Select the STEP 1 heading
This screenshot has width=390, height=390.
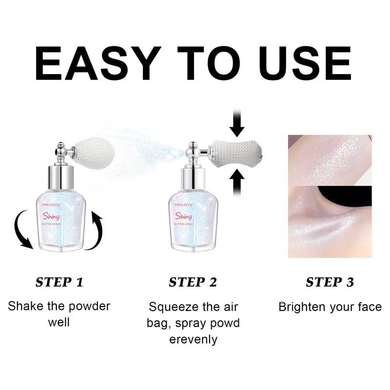click(59, 282)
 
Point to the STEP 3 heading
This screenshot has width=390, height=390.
click(330, 282)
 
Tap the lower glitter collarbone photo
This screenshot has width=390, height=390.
click(330, 222)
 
